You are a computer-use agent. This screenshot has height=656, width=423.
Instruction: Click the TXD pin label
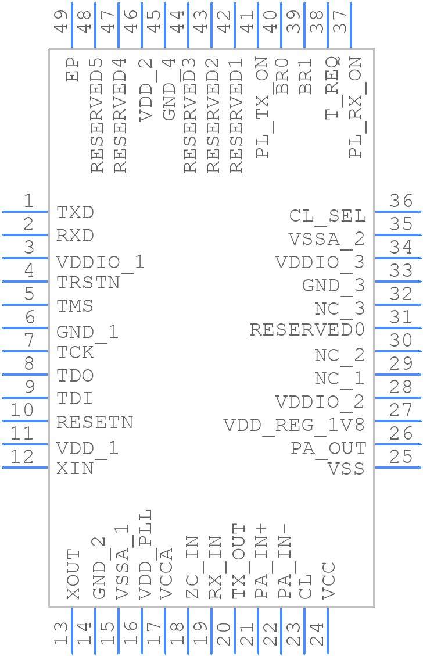click(x=75, y=213)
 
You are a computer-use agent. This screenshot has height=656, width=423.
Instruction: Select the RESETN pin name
click(x=95, y=422)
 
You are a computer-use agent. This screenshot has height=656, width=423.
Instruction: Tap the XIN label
click(x=75, y=468)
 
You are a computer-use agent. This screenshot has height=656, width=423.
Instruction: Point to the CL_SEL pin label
click(x=328, y=216)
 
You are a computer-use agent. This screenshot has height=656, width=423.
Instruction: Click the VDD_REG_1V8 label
click(x=294, y=426)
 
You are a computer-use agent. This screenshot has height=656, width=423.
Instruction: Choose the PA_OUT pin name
click(x=328, y=449)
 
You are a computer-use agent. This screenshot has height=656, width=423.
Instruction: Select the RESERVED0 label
click(x=307, y=330)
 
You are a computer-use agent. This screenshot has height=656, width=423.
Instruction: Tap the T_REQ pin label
click(x=332, y=87)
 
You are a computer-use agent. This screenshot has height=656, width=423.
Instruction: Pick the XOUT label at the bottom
click(x=73, y=574)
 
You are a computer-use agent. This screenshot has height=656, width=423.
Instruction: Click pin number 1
click(x=28, y=201)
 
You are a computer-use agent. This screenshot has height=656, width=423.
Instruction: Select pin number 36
click(x=401, y=201)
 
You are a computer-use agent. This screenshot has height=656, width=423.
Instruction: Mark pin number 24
click(x=317, y=634)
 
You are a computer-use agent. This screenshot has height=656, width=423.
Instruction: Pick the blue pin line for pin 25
click(x=397, y=467)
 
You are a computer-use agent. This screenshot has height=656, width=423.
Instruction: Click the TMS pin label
click(x=75, y=306)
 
